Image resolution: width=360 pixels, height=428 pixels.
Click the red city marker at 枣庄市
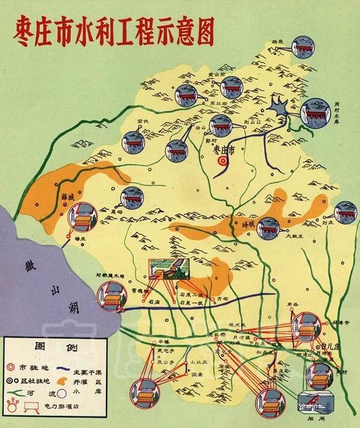click(223, 160)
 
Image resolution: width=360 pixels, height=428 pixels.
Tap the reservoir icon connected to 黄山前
click(231, 87)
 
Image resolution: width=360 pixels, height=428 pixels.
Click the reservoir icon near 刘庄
click(345, 212)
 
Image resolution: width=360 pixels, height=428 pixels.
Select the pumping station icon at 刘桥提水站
click(110, 295)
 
